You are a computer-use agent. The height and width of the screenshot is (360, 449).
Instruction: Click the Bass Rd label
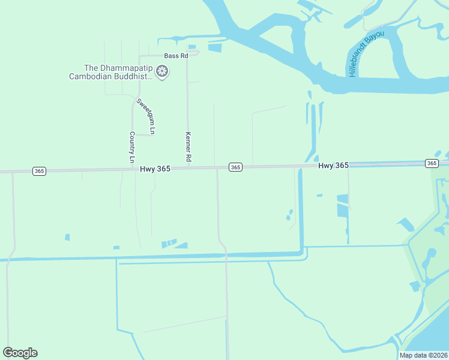(176, 56)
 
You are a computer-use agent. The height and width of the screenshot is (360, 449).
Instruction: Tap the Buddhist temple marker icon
(162, 72)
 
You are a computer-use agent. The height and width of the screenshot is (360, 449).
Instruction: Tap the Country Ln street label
(132, 148)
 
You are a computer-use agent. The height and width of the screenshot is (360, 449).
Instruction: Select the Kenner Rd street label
(188, 147)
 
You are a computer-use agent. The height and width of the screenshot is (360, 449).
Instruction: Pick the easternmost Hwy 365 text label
(333, 165)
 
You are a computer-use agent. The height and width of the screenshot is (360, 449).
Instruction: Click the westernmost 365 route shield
(39, 171)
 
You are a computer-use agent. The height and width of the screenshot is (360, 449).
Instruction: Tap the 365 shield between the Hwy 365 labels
(235, 167)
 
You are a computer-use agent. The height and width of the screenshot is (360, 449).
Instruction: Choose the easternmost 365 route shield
(431, 163)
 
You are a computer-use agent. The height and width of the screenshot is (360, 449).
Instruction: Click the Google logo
(20, 353)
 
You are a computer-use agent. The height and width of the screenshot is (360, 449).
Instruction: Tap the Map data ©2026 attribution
(424, 355)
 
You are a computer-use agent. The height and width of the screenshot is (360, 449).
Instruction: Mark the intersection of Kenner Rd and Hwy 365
(188, 168)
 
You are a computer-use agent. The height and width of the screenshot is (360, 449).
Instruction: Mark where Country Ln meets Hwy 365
(132, 169)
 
